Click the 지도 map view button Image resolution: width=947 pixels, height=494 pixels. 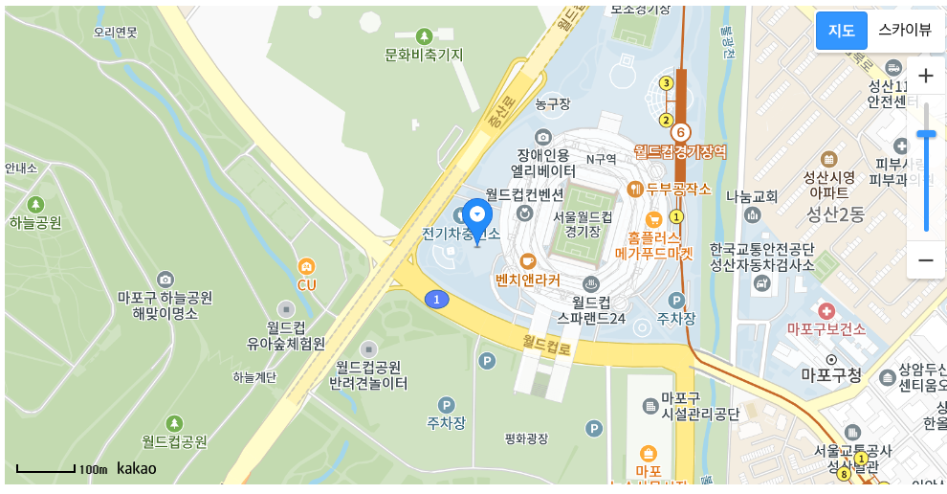pos(841,30)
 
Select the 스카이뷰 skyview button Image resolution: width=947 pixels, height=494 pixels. pos(904,30)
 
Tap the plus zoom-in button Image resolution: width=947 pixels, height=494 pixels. pos(926,76)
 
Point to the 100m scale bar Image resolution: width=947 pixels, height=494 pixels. pos(46,469)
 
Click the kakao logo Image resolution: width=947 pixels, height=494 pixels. pos(137,468)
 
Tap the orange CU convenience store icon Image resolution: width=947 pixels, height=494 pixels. pos(306,265)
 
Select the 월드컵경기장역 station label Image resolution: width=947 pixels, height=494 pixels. pos(680,152)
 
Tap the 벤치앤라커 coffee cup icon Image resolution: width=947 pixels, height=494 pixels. pos(527,260)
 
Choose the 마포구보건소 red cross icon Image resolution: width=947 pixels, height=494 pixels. pos(826,310)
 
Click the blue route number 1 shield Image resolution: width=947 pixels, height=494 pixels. pos(437,300)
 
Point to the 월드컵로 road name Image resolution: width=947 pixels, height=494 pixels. pos(546,344)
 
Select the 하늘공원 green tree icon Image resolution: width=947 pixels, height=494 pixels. pos(36,204)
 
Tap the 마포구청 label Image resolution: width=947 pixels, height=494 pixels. pos(831,374)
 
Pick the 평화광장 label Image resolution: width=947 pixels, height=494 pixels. pos(527,438)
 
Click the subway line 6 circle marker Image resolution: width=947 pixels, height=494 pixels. pos(680,132)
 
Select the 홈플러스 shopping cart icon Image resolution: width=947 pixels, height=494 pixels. pos(654,218)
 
